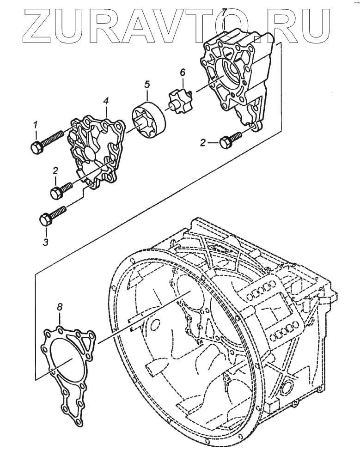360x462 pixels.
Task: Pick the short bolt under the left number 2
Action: tap(61, 190)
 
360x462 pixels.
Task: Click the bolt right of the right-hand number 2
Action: tap(230, 140)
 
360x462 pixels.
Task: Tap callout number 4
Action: tap(106, 101)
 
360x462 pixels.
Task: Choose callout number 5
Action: tap(147, 84)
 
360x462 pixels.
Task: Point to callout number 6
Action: tap(182, 72)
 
